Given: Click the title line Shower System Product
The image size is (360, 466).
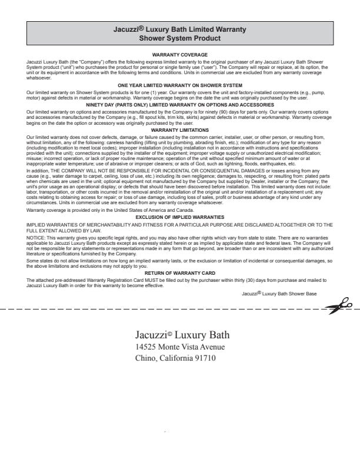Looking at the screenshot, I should tap(180, 38).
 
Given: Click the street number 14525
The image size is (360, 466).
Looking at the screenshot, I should tap(146, 347).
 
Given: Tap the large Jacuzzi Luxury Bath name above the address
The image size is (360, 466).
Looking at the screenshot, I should tap(182, 335).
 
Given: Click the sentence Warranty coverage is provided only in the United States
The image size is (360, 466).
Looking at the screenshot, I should tap(110, 210).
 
